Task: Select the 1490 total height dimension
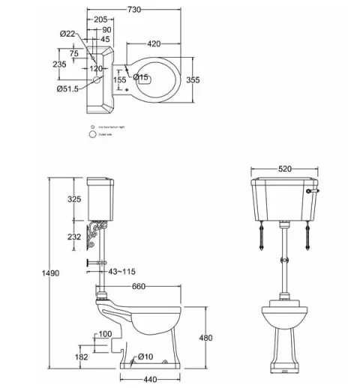pos(49,273)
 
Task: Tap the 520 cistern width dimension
pos(284,169)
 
